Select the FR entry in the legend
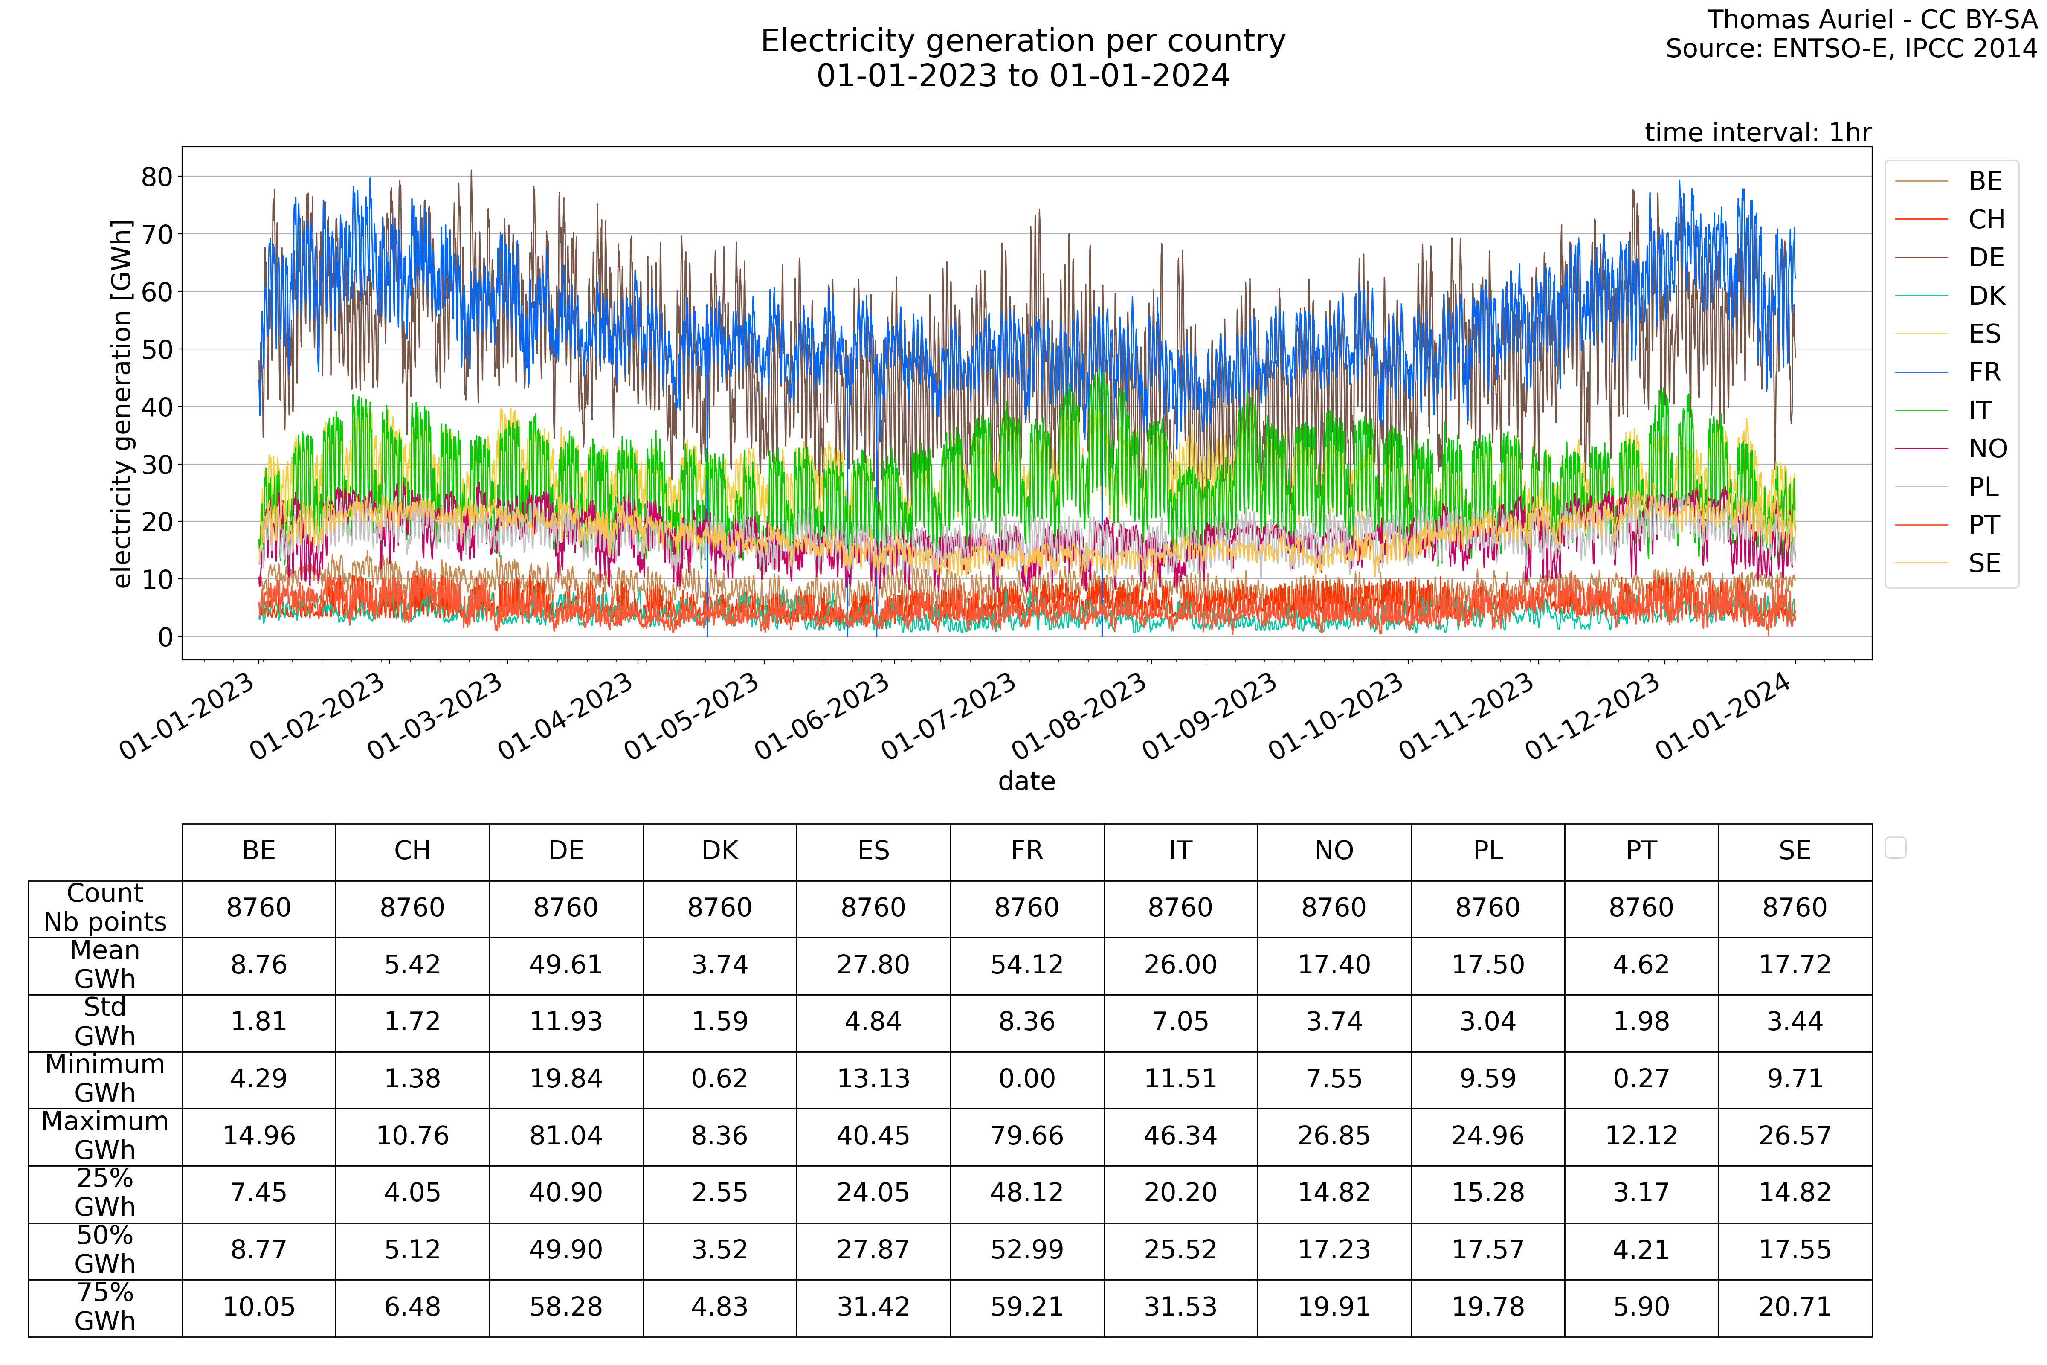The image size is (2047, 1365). point(1984,372)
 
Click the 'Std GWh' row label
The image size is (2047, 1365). point(105,1022)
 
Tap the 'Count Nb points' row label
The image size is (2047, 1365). point(105,908)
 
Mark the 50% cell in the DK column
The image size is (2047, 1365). point(720,1250)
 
